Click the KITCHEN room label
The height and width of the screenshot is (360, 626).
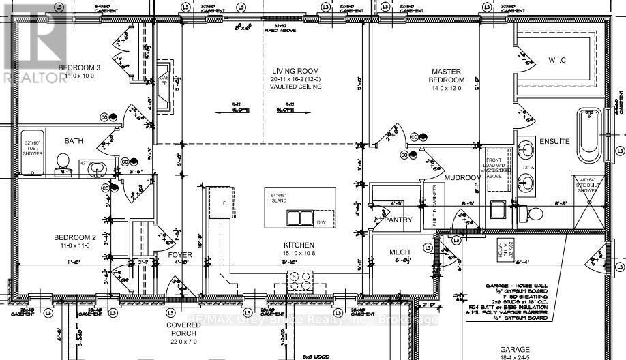pos(299,244)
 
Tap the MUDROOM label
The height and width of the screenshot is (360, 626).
pos(463,178)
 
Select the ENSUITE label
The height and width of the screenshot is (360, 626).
pos(554,142)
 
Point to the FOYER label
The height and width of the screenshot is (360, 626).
pos(181,255)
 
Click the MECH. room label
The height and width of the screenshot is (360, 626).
pos(401,253)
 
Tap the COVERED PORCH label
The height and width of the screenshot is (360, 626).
pos(183,330)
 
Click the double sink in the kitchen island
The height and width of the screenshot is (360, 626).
pos(299,218)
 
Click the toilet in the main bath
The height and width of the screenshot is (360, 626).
pos(63,161)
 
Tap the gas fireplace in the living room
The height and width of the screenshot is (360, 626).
pos(164,87)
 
